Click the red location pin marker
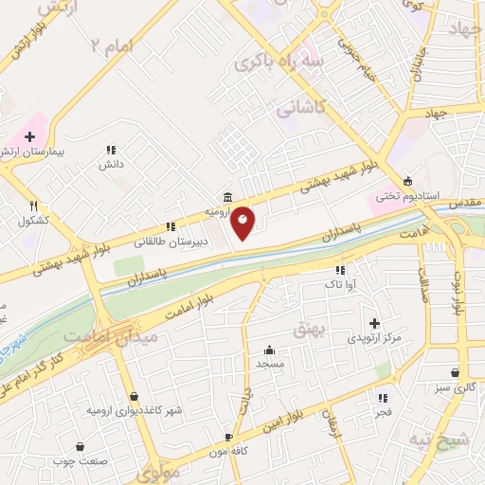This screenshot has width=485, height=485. coord(243,222)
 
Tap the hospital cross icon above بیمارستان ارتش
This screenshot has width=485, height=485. coord(29,136)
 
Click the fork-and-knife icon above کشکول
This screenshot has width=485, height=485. coord(33,207)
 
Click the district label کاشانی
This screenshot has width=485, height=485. coord(300,109)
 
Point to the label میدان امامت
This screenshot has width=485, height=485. coord(96,336)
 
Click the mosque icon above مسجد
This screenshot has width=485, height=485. coord(270,349)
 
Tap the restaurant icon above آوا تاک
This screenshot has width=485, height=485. coord(339,270)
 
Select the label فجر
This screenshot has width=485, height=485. coord(384,413)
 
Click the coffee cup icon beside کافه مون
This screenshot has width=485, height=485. coord(228,437)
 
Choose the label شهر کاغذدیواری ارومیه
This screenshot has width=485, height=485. coord(134,410)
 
